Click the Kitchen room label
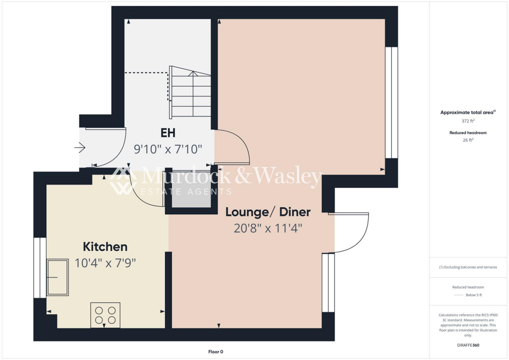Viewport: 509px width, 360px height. coord(105,247)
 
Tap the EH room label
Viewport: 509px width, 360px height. coord(168,133)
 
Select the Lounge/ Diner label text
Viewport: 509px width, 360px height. coord(268,212)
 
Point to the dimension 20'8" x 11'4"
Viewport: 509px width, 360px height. coord(268,228)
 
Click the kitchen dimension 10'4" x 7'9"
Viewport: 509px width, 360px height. coord(105,263)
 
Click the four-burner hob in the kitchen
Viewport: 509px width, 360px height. coord(105,315)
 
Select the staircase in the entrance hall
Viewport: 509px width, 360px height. coord(190,92)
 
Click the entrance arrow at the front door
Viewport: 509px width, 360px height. coord(80,148)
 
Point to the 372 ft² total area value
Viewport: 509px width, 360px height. coord(468,121)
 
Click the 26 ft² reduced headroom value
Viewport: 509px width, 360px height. coord(468,140)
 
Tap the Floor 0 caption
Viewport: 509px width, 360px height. coord(216,352)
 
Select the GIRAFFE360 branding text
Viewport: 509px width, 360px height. coord(468,345)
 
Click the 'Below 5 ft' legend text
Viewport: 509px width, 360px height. coord(474,295)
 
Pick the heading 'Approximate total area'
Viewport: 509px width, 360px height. coord(467,112)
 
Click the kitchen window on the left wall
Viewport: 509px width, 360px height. coord(40,268)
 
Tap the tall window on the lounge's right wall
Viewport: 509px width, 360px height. coord(392,102)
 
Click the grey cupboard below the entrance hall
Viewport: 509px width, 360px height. coord(191,194)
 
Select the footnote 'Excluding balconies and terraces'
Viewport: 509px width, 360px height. coord(468,267)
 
